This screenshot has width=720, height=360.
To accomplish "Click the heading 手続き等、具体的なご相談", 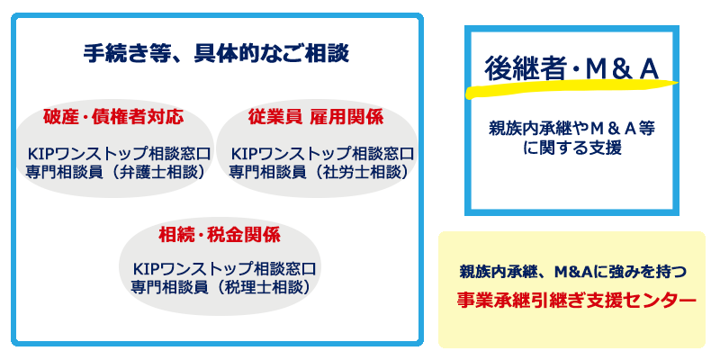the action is [x=216, y=54].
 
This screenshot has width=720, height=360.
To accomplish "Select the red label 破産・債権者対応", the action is [x=113, y=118].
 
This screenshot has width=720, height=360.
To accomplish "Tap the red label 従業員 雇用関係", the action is [x=316, y=118].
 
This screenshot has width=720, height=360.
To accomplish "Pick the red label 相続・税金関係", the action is [x=220, y=236].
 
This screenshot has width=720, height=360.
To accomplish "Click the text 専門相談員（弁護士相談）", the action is [x=115, y=172].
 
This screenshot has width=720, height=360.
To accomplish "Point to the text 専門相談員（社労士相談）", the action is [x=319, y=172].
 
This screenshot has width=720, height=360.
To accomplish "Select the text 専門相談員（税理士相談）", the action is [x=220, y=287].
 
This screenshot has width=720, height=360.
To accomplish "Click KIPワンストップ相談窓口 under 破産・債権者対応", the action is [x=120, y=153].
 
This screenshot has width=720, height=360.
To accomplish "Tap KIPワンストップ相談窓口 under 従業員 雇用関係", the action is [x=322, y=153].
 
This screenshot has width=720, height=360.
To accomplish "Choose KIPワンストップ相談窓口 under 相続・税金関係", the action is [x=224, y=268].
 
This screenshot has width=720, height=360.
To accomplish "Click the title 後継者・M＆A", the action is [x=571, y=70].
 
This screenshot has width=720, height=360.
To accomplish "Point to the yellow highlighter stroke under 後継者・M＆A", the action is [x=571, y=88].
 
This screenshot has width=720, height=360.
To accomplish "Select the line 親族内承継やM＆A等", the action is [x=571, y=130].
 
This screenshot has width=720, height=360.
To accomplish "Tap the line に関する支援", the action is [x=571, y=148].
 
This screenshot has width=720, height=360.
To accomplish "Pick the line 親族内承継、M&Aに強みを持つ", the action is [x=572, y=272].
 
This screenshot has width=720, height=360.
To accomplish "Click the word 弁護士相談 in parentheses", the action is [x=154, y=172].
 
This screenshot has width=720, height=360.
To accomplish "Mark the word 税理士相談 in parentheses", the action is [x=258, y=287].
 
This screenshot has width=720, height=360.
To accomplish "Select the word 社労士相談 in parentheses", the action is [x=356, y=172].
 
